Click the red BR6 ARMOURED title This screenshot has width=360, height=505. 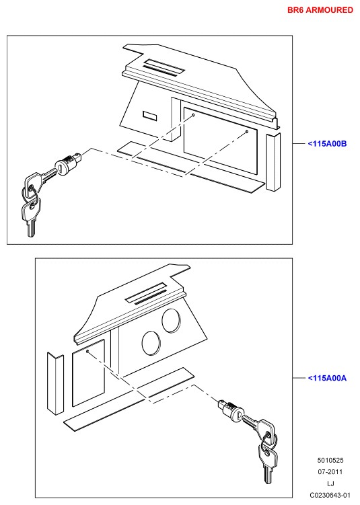tap(320, 10)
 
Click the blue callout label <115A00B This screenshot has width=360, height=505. tap(327, 144)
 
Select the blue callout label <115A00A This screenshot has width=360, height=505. tap(327, 378)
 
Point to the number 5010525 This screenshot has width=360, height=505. tap(330, 461)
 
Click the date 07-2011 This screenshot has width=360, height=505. tap(330, 472)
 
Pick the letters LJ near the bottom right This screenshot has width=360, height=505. tap(330, 483)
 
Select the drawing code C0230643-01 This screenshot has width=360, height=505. tap(330, 495)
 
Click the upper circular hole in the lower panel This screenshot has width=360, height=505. tap(171, 320)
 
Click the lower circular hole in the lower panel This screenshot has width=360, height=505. tap(151, 343)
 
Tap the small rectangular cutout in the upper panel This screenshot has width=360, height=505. tap(150, 116)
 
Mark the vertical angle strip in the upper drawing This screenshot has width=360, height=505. tap(273, 162)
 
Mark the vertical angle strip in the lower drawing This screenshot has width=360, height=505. tap(55, 383)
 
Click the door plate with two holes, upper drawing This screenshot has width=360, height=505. tap(221, 141)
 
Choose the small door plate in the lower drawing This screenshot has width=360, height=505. tap(88, 373)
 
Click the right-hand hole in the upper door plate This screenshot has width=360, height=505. tap(247, 131)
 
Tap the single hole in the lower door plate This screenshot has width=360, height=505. tap(87, 351)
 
